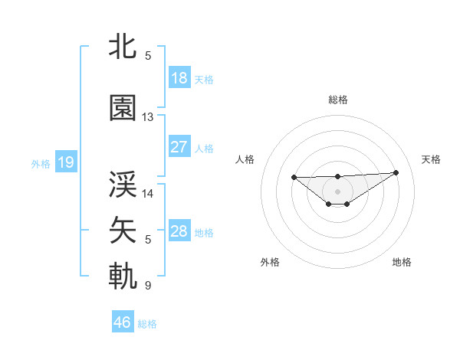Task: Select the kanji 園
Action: [x=123, y=109]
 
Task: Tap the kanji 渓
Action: [x=123, y=185]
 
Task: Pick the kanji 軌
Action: [x=123, y=276]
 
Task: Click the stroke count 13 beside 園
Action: [x=148, y=117]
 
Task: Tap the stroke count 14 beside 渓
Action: [x=148, y=194]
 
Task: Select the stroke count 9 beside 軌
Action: [x=148, y=286]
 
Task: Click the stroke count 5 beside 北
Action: [x=148, y=56]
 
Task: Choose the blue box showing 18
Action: [x=179, y=78]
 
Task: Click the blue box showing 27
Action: [x=179, y=147]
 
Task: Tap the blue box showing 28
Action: [x=179, y=231]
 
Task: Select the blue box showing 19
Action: [x=65, y=162]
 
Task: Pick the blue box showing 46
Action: [x=123, y=322]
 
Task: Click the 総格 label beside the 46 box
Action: [x=147, y=324]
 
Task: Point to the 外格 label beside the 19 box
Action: [x=41, y=164]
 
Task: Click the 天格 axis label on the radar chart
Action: [x=431, y=159]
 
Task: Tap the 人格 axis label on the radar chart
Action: [x=245, y=159]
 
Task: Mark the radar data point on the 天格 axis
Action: [x=396, y=172]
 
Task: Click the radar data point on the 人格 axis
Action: [x=294, y=178]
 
